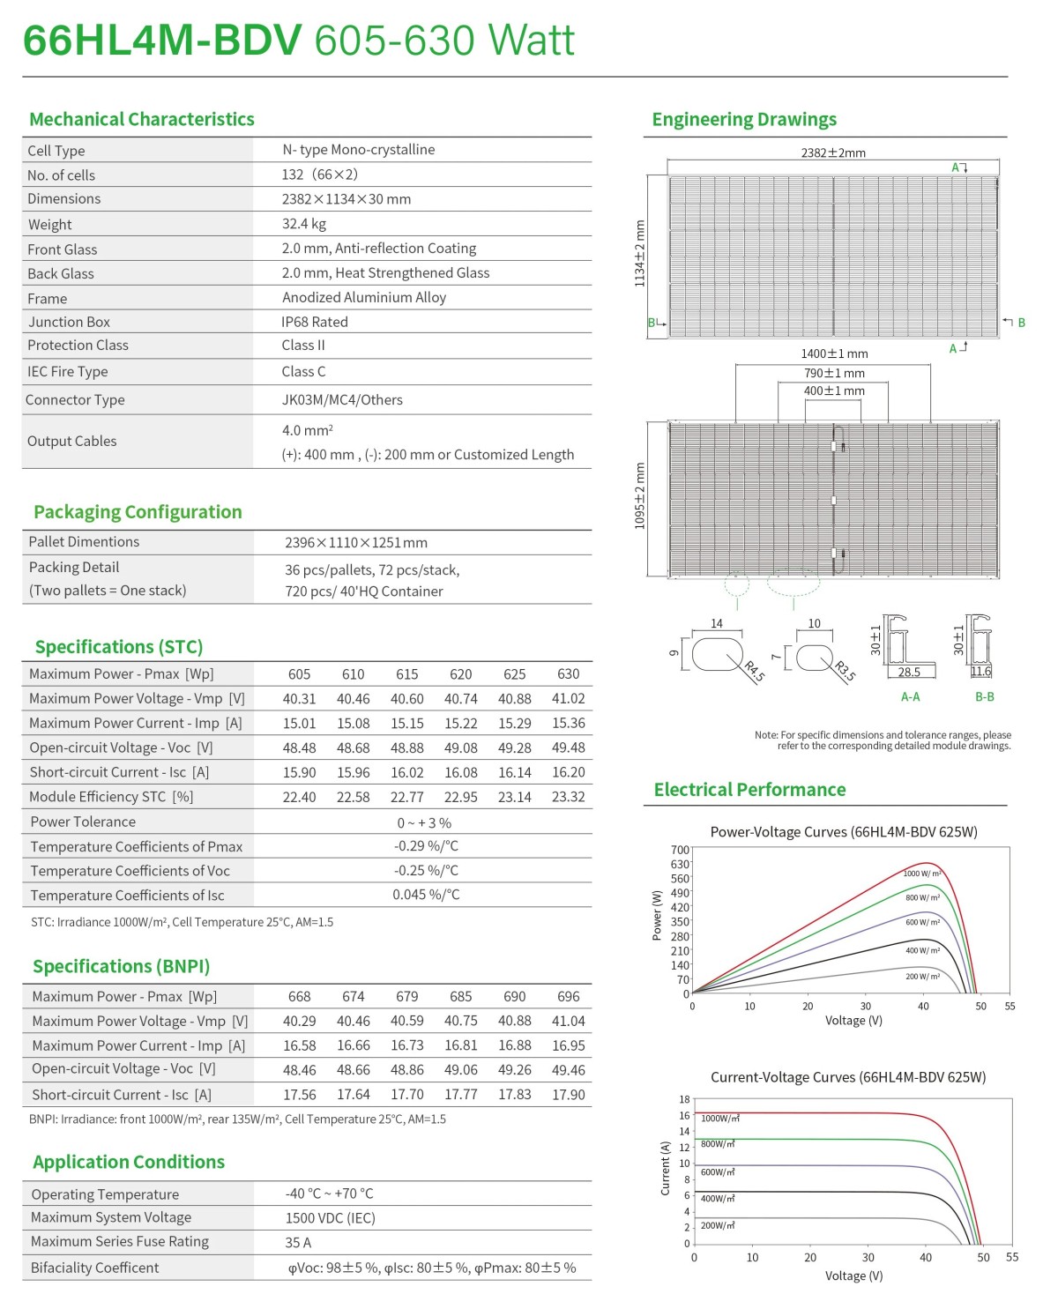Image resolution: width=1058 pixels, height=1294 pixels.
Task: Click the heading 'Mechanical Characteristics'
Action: pyautogui.click(x=141, y=119)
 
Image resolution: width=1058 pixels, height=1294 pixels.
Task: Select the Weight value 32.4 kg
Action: pyautogui.click(x=304, y=224)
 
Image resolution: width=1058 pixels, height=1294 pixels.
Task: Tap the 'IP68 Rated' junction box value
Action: pyautogui.click(x=315, y=322)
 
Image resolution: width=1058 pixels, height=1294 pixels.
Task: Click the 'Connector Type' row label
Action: pyautogui.click(x=75, y=400)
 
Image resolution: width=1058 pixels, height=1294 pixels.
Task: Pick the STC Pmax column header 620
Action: pyautogui.click(x=460, y=674)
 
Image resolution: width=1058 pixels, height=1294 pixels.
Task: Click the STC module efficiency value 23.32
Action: pyautogui.click(x=568, y=797)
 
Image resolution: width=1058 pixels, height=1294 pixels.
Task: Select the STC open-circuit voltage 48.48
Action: pyautogui.click(x=300, y=747)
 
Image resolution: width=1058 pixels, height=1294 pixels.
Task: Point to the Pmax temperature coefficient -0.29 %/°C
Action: pyautogui.click(x=426, y=846)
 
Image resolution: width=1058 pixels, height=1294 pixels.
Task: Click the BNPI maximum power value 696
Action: pyautogui.click(x=568, y=997)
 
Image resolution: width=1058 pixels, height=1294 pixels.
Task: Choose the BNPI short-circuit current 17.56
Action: pyautogui.click(x=300, y=1095)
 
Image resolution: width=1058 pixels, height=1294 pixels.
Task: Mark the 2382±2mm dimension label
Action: pyautogui.click(x=833, y=152)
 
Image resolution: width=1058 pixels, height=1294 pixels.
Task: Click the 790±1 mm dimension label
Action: pyautogui.click(x=834, y=373)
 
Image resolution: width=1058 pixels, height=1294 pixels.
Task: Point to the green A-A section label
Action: pyautogui.click(x=910, y=697)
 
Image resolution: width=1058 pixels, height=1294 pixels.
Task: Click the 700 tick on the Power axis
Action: pyautogui.click(x=680, y=850)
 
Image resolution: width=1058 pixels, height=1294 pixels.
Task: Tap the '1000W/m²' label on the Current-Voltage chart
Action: pyautogui.click(x=719, y=1119)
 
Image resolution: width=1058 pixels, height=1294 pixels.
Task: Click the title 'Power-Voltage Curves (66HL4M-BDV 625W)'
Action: pyautogui.click(x=844, y=832)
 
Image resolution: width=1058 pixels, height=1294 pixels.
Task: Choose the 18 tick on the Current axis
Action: pyautogui.click(x=684, y=1099)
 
